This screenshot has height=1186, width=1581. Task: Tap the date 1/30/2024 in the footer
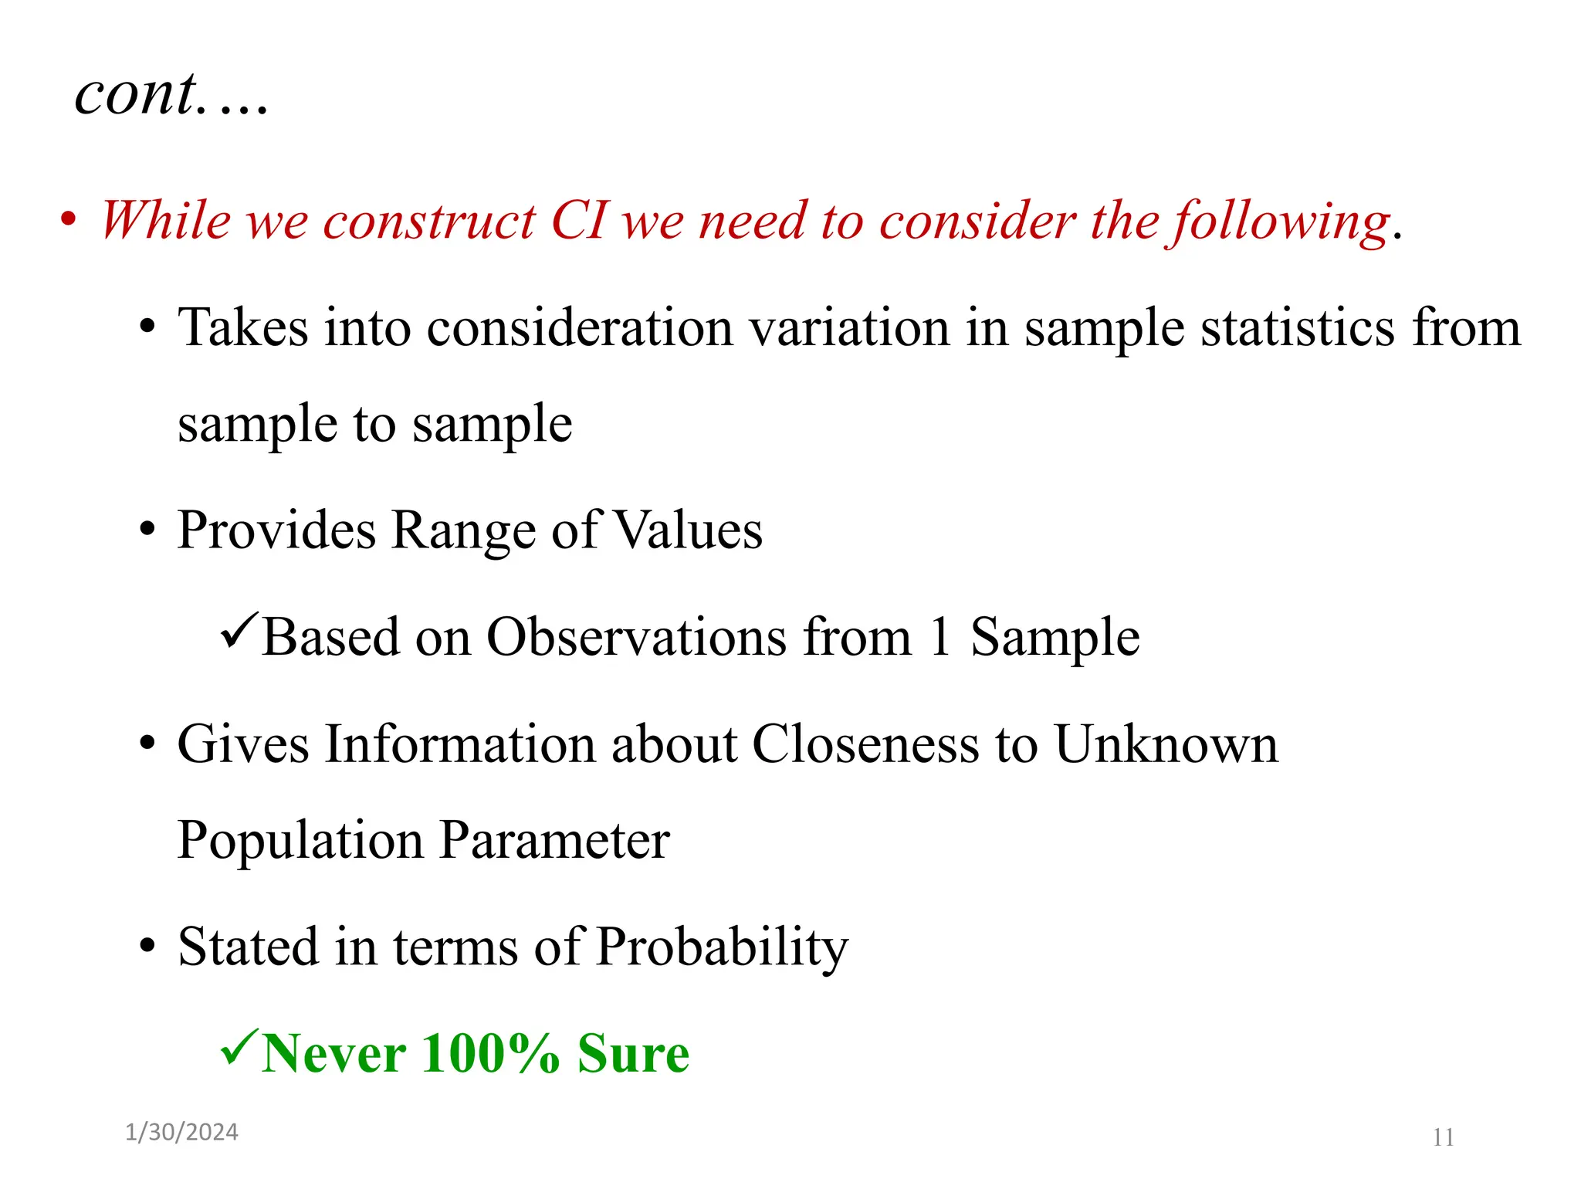pos(181,1132)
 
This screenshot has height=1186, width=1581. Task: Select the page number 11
pos(1443,1137)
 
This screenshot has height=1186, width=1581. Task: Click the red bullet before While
pos(69,220)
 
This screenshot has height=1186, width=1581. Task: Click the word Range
pos(462,530)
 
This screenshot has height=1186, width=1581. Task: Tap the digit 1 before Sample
pos(939,638)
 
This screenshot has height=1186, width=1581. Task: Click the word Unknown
pos(1166,744)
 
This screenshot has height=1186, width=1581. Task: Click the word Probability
pos(722,947)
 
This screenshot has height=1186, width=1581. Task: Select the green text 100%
pos(490,1053)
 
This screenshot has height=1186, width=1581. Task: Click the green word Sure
pos(633,1053)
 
